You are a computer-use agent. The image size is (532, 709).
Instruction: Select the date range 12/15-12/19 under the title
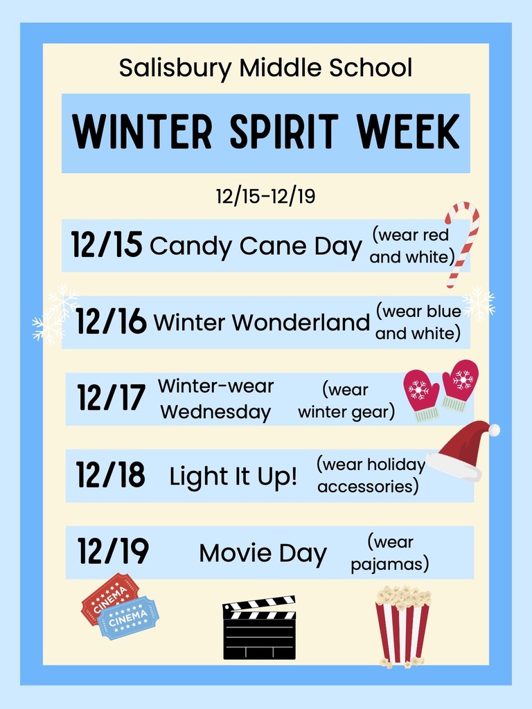265,196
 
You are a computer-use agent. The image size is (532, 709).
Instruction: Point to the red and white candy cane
461,242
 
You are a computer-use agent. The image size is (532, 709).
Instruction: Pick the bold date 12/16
111,322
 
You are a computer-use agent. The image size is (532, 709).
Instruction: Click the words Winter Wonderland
261,322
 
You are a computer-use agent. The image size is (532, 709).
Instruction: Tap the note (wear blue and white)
418,322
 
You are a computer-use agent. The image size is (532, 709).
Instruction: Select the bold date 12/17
112,398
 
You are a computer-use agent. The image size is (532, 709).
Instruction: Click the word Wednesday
215,412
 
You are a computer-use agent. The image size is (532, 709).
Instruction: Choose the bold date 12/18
111,475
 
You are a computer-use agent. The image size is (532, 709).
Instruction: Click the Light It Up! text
233,476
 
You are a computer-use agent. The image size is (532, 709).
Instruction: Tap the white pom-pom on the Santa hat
494,430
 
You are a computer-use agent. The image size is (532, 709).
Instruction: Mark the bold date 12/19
113,552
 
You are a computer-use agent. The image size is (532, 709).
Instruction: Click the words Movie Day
263,553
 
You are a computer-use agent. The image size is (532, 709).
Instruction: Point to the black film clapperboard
259,628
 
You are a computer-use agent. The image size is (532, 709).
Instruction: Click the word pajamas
389,564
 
